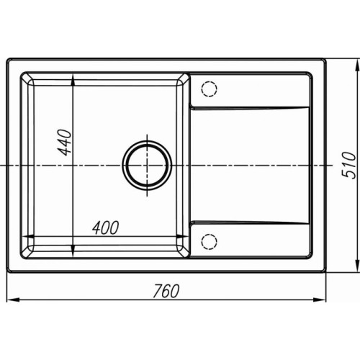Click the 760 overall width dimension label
tap(166, 291)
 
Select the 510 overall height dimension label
tap(348, 165)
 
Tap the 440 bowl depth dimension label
tap(65, 143)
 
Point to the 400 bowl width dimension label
tap(106, 228)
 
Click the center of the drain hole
tap(147, 166)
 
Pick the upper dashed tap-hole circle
tap(210, 89)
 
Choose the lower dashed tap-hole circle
tap(210, 241)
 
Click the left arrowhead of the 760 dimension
tap(12, 300)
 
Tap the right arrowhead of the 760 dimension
tap(320, 300)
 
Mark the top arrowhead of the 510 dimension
tap(356, 64)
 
